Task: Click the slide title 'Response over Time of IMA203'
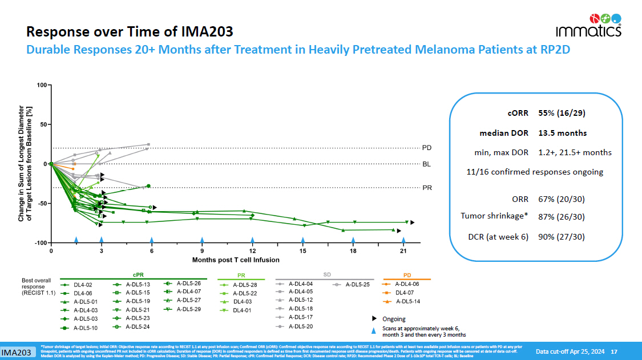click(130, 31)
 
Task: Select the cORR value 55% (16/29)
click(562, 113)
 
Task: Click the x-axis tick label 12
click(252, 251)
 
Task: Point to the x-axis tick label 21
click(403, 251)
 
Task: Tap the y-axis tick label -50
click(41, 204)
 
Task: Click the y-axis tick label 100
click(41, 85)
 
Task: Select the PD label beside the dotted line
click(427, 148)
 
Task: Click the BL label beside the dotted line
click(427, 164)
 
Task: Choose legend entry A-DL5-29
click(188, 309)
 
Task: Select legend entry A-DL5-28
click(245, 284)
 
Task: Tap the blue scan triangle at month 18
click(353, 240)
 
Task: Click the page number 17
click(614, 351)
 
